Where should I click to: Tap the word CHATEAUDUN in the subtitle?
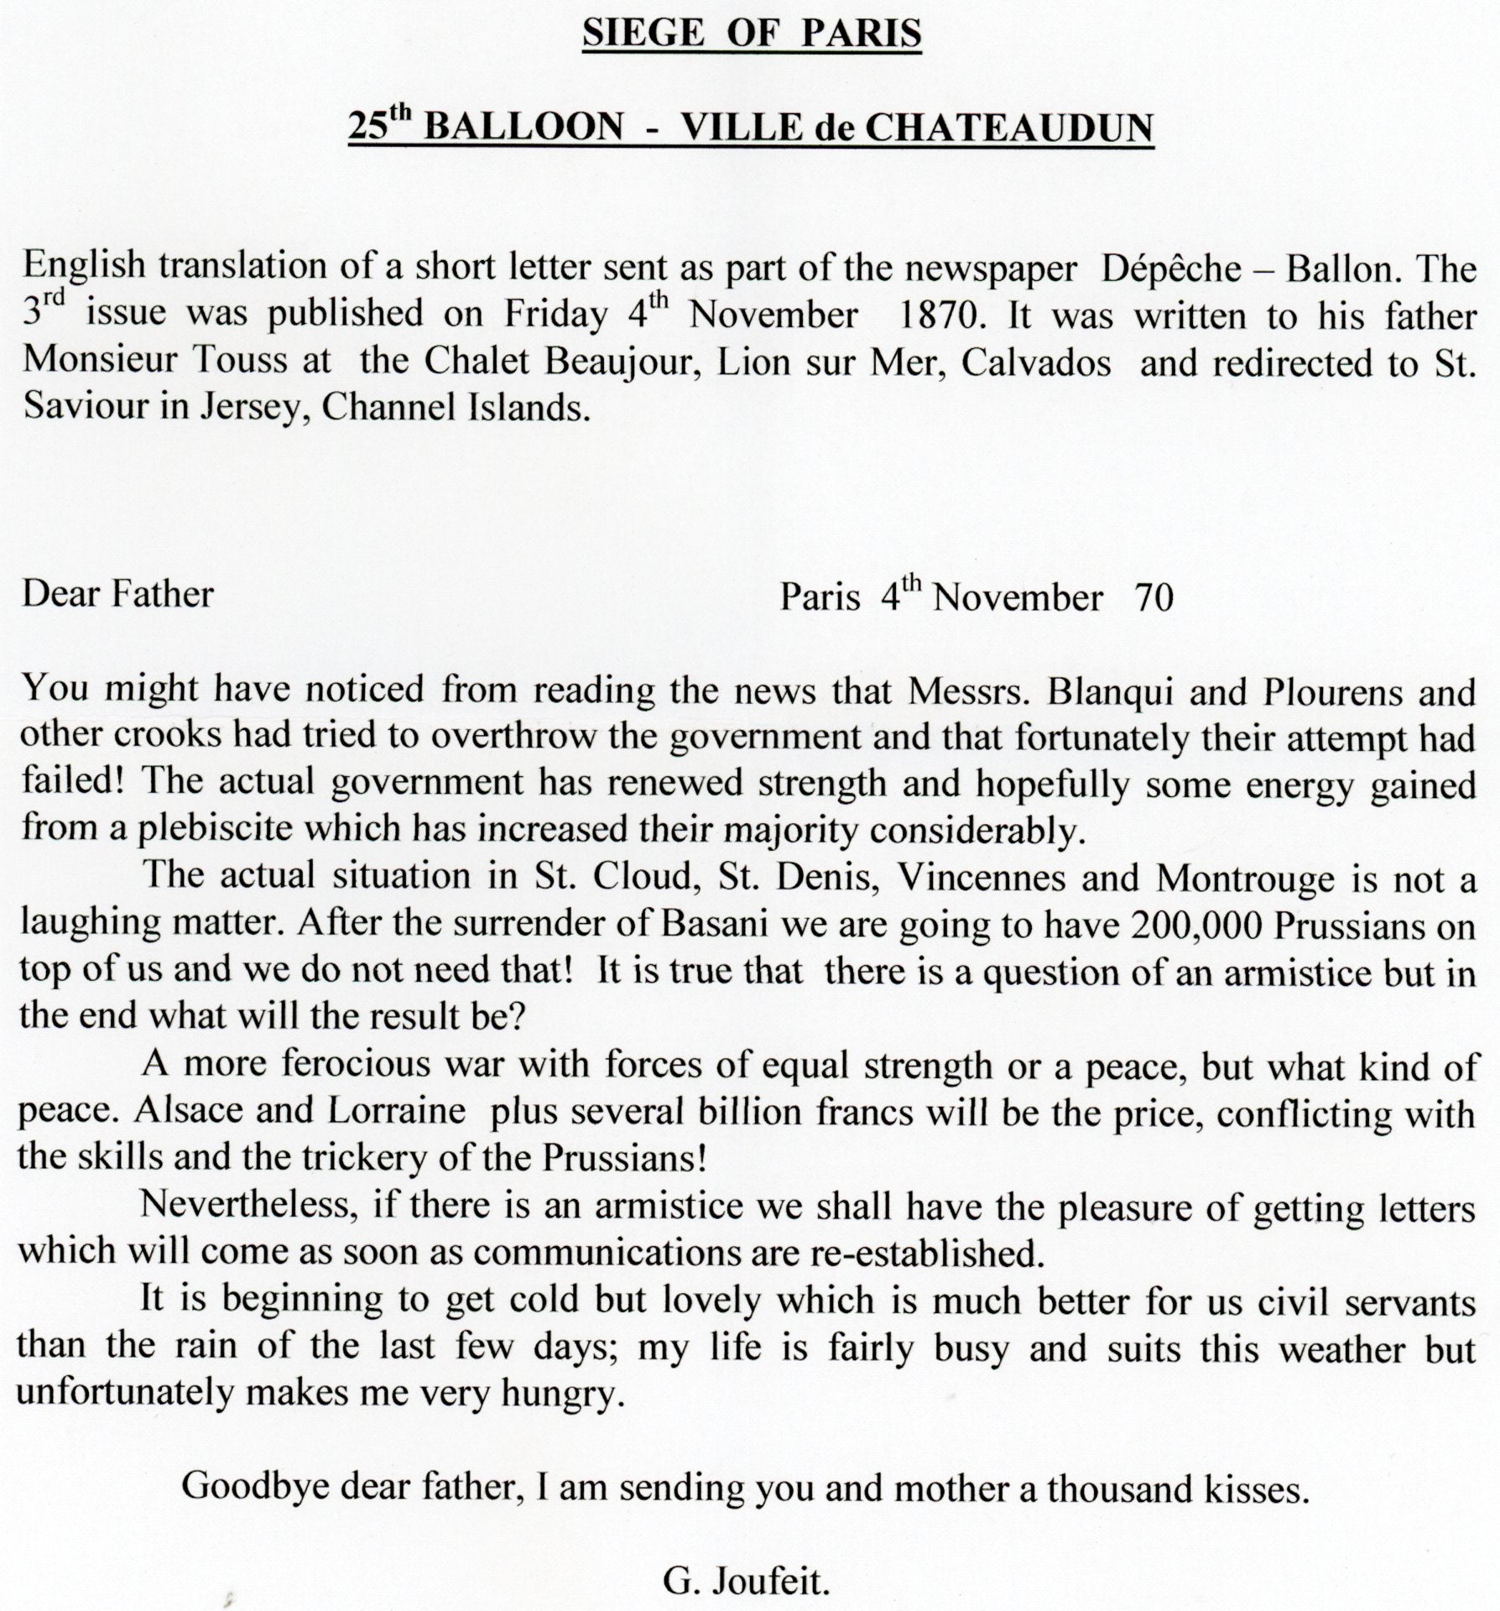(1009, 128)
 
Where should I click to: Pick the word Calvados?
(1036, 362)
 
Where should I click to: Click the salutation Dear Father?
(117, 594)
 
